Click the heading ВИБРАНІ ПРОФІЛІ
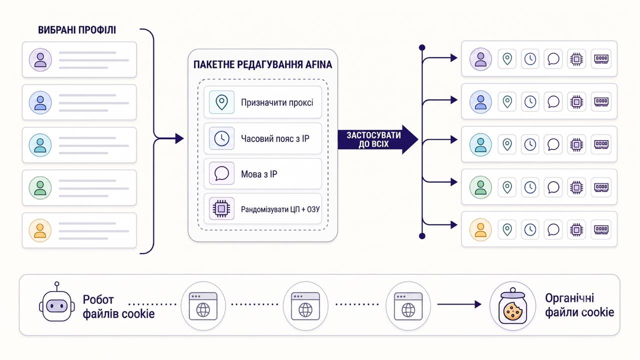click(x=77, y=30)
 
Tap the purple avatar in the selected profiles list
click(x=40, y=59)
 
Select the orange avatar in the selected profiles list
click(x=40, y=230)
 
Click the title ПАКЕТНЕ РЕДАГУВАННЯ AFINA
click(x=262, y=64)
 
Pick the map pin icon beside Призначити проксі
click(x=221, y=102)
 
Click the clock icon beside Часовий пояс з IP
click(x=221, y=138)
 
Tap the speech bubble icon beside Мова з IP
click(x=221, y=173)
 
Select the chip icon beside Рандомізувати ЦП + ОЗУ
click(x=221, y=208)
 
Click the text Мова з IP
click(x=259, y=174)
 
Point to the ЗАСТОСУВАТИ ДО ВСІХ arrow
click(x=377, y=139)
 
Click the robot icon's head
click(x=57, y=306)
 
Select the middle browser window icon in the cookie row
click(x=305, y=306)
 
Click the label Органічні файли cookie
click(x=579, y=305)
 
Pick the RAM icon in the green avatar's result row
click(x=601, y=187)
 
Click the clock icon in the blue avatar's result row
click(x=530, y=101)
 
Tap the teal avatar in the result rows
click(x=480, y=144)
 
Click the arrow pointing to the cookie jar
click(x=459, y=304)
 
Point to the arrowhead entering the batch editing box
click(x=179, y=138)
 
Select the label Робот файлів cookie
click(x=118, y=307)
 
